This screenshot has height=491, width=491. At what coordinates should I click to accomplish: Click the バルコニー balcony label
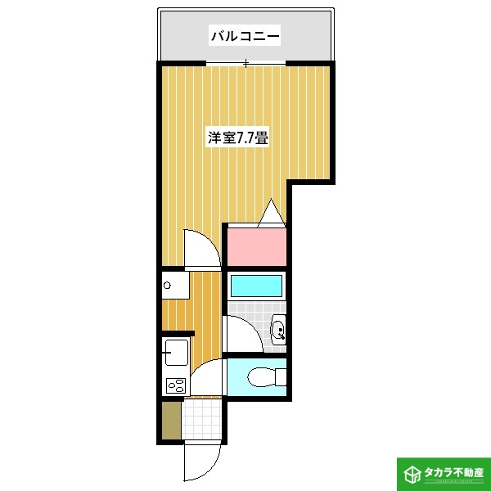point(245,35)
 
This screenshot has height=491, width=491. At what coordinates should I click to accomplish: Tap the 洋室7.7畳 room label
point(238,137)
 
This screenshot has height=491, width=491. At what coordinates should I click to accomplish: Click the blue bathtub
point(256,286)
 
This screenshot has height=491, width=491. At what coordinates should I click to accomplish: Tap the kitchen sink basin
point(175,354)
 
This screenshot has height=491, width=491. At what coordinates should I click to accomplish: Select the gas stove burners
point(175,384)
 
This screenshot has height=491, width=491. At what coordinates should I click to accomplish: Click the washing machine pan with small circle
point(174,286)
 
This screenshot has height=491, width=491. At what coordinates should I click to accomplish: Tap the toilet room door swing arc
point(207,378)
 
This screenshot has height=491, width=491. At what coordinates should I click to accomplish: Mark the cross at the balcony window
point(245,63)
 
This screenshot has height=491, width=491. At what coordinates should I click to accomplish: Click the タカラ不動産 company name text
point(453,473)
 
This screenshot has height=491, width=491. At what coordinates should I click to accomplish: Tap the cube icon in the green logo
point(410,473)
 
